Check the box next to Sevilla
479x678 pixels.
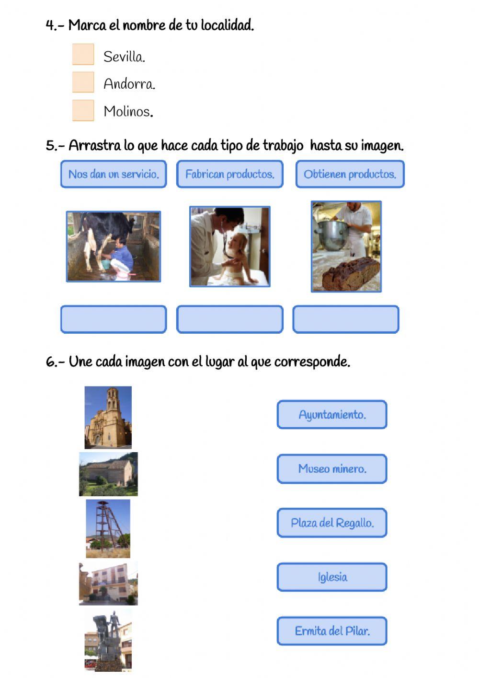click(x=83, y=54)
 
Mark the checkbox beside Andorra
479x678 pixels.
click(x=83, y=82)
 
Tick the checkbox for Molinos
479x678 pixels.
click(x=83, y=110)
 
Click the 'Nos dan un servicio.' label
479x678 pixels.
click(x=114, y=174)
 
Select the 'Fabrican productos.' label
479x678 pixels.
click(x=230, y=174)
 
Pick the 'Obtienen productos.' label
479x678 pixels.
click(x=350, y=174)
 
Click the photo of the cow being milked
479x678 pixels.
click(x=114, y=246)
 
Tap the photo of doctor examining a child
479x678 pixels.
click(x=230, y=246)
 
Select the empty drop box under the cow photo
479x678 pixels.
click(x=114, y=319)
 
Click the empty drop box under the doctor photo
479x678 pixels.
click(x=230, y=319)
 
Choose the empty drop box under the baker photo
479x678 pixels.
click(x=346, y=319)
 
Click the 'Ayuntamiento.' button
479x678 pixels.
click(x=332, y=415)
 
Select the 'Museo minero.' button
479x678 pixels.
click(x=332, y=469)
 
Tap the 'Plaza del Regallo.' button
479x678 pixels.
click(x=332, y=523)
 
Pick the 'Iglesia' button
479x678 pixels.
click(x=332, y=577)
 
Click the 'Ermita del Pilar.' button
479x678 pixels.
click(x=332, y=631)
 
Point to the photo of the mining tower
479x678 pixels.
click(x=108, y=528)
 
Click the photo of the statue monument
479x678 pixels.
click(x=108, y=641)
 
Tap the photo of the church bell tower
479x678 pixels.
click(x=108, y=417)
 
